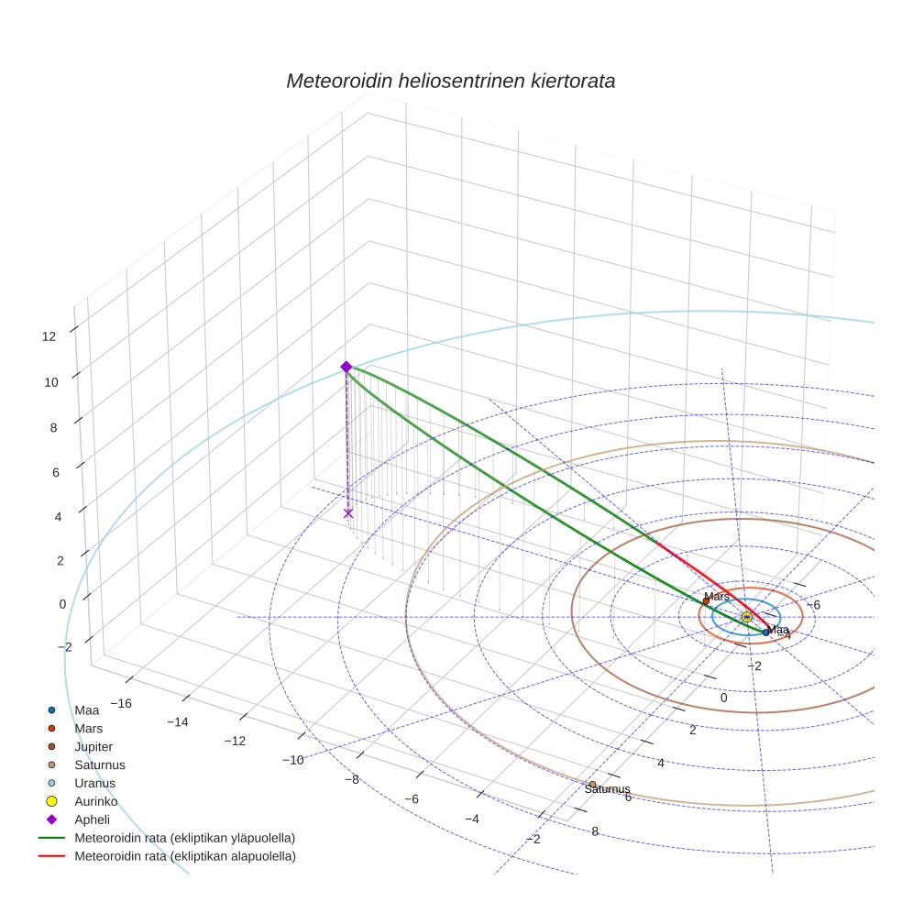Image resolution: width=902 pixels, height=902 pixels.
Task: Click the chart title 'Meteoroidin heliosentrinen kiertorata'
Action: pyautogui.click(x=450, y=81)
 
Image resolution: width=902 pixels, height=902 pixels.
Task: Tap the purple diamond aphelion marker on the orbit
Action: pyautogui.click(x=346, y=367)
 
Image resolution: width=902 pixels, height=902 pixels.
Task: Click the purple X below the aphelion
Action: pyautogui.click(x=348, y=513)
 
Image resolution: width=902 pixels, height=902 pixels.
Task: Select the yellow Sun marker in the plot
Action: pyautogui.click(x=747, y=617)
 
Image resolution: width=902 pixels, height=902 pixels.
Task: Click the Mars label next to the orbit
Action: pyautogui.click(x=717, y=597)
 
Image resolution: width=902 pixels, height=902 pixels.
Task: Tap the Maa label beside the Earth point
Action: pyautogui.click(x=778, y=630)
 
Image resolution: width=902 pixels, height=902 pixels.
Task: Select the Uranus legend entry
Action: pyautogui.click(x=94, y=783)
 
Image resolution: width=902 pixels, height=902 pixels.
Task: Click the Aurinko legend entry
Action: pyautogui.click(x=95, y=801)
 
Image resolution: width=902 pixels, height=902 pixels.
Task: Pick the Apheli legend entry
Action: pyautogui.click(x=92, y=819)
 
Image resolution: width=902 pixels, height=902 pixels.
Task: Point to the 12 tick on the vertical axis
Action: pyautogui.click(x=49, y=336)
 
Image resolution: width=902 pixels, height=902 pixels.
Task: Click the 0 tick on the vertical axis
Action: pyautogui.click(x=62, y=603)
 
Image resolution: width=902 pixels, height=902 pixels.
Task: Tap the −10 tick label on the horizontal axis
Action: pyautogui.click(x=292, y=760)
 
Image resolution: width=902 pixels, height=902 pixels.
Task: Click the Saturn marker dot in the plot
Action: pyautogui.click(x=593, y=785)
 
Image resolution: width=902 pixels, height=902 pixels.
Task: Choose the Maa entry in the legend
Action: pyautogui.click(x=87, y=709)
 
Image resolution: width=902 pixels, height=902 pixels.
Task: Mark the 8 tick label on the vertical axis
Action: pyautogui.click(x=53, y=427)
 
